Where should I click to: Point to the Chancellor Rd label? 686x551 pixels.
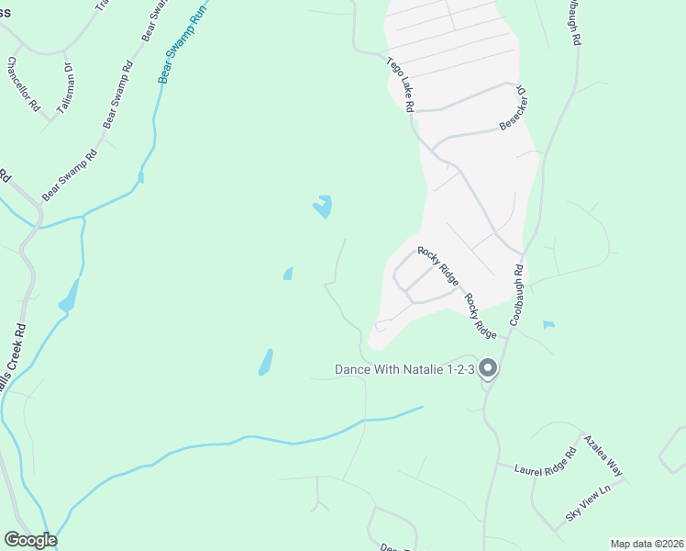(x=24, y=85)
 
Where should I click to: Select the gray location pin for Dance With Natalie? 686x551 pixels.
(x=488, y=368)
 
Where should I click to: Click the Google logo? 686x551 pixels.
(x=30, y=540)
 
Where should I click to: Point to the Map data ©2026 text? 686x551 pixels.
(x=647, y=544)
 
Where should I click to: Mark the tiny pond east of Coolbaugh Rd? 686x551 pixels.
(x=548, y=324)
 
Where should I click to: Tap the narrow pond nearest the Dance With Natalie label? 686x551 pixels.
(x=265, y=362)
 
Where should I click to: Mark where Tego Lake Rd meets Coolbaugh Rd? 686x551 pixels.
(x=521, y=255)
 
